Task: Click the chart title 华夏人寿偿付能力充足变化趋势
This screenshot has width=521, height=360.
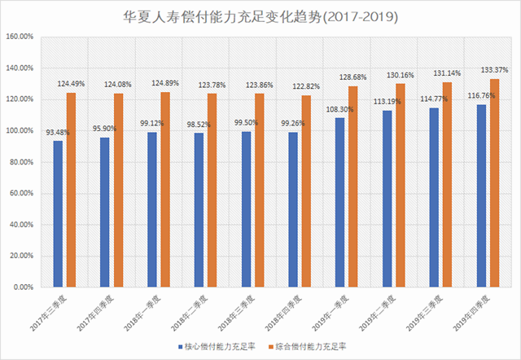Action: point(260,16)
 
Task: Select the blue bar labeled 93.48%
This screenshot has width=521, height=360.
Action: point(58,213)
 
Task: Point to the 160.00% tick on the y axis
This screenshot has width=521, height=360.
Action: point(18,37)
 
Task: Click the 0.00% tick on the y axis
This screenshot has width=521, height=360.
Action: point(21,287)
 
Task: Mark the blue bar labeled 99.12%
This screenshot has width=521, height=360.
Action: point(151,209)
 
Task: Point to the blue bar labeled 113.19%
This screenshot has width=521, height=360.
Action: point(387,199)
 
